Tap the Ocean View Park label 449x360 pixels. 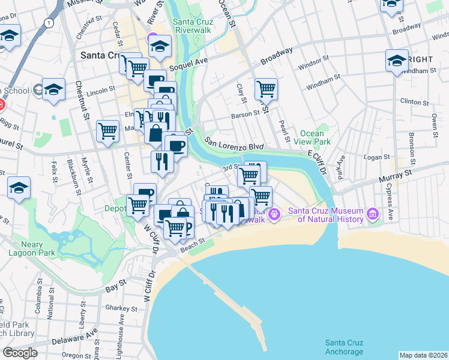point(315,137)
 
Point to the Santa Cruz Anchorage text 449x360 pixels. point(344,347)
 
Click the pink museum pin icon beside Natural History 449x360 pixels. point(373,213)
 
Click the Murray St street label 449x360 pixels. point(398,175)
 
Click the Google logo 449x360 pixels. point(20,352)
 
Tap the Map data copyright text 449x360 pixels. point(423,355)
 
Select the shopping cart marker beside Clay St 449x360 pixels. point(265,89)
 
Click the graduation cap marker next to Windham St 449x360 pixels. point(397,61)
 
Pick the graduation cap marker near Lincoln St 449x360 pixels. point(53,89)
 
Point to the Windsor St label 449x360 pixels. point(318,62)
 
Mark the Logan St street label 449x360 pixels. point(377,157)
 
